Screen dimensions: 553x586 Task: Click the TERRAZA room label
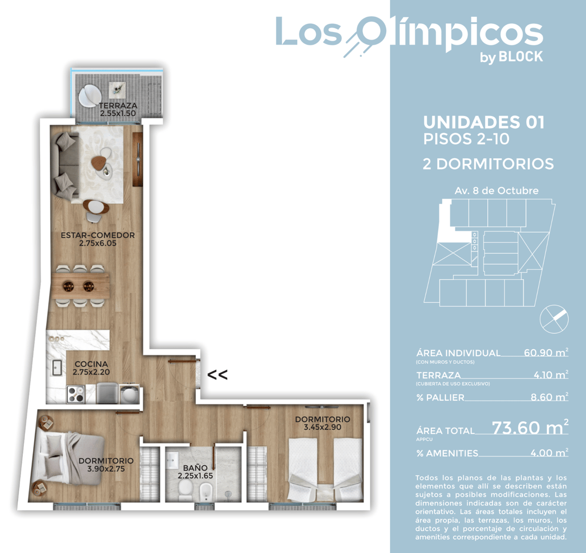(x=118, y=106)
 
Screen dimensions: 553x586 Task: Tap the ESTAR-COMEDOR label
(x=98, y=235)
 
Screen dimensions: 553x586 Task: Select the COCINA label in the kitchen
(x=91, y=364)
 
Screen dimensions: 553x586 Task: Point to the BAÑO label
(x=195, y=467)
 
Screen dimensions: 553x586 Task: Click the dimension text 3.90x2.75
(x=106, y=469)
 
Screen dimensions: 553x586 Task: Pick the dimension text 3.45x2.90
(x=322, y=428)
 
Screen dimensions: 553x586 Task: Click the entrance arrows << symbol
(x=218, y=374)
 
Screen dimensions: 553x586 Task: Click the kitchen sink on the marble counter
(x=56, y=368)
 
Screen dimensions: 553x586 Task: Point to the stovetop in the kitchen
(x=75, y=394)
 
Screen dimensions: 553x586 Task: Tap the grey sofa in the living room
(x=65, y=166)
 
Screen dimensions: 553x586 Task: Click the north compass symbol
(x=554, y=318)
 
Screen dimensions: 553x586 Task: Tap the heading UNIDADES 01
(x=483, y=123)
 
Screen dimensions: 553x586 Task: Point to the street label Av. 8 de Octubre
(x=496, y=191)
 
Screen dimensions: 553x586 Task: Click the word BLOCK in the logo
(x=521, y=56)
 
